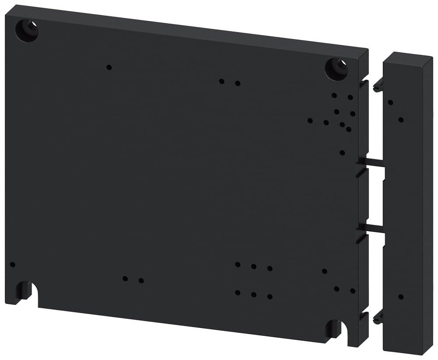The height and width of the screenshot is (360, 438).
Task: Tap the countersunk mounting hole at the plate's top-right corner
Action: (336, 68)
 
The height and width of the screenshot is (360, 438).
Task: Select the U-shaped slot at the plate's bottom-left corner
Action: (24, 291)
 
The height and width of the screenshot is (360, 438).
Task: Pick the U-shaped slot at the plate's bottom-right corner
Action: (334, 328)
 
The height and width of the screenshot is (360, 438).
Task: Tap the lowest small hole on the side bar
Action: (401, 297)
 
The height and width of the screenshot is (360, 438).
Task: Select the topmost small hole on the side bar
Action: (390, 103)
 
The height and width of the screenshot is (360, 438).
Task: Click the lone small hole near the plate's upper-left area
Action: (109, 67)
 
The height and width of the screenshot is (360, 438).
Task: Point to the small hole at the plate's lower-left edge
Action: (12, 264)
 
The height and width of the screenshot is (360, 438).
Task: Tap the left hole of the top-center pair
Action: (222, 81)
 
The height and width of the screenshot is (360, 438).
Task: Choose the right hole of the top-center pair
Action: (237, 83)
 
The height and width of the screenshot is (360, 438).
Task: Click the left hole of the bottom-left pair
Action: (125, 278)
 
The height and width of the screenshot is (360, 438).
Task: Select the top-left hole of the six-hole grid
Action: (237, 264)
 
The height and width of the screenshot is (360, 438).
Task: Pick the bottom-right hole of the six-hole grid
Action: (270, 297)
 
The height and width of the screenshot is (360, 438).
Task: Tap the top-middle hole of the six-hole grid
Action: (254, 266)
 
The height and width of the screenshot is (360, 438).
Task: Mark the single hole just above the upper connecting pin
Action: (342, 153)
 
